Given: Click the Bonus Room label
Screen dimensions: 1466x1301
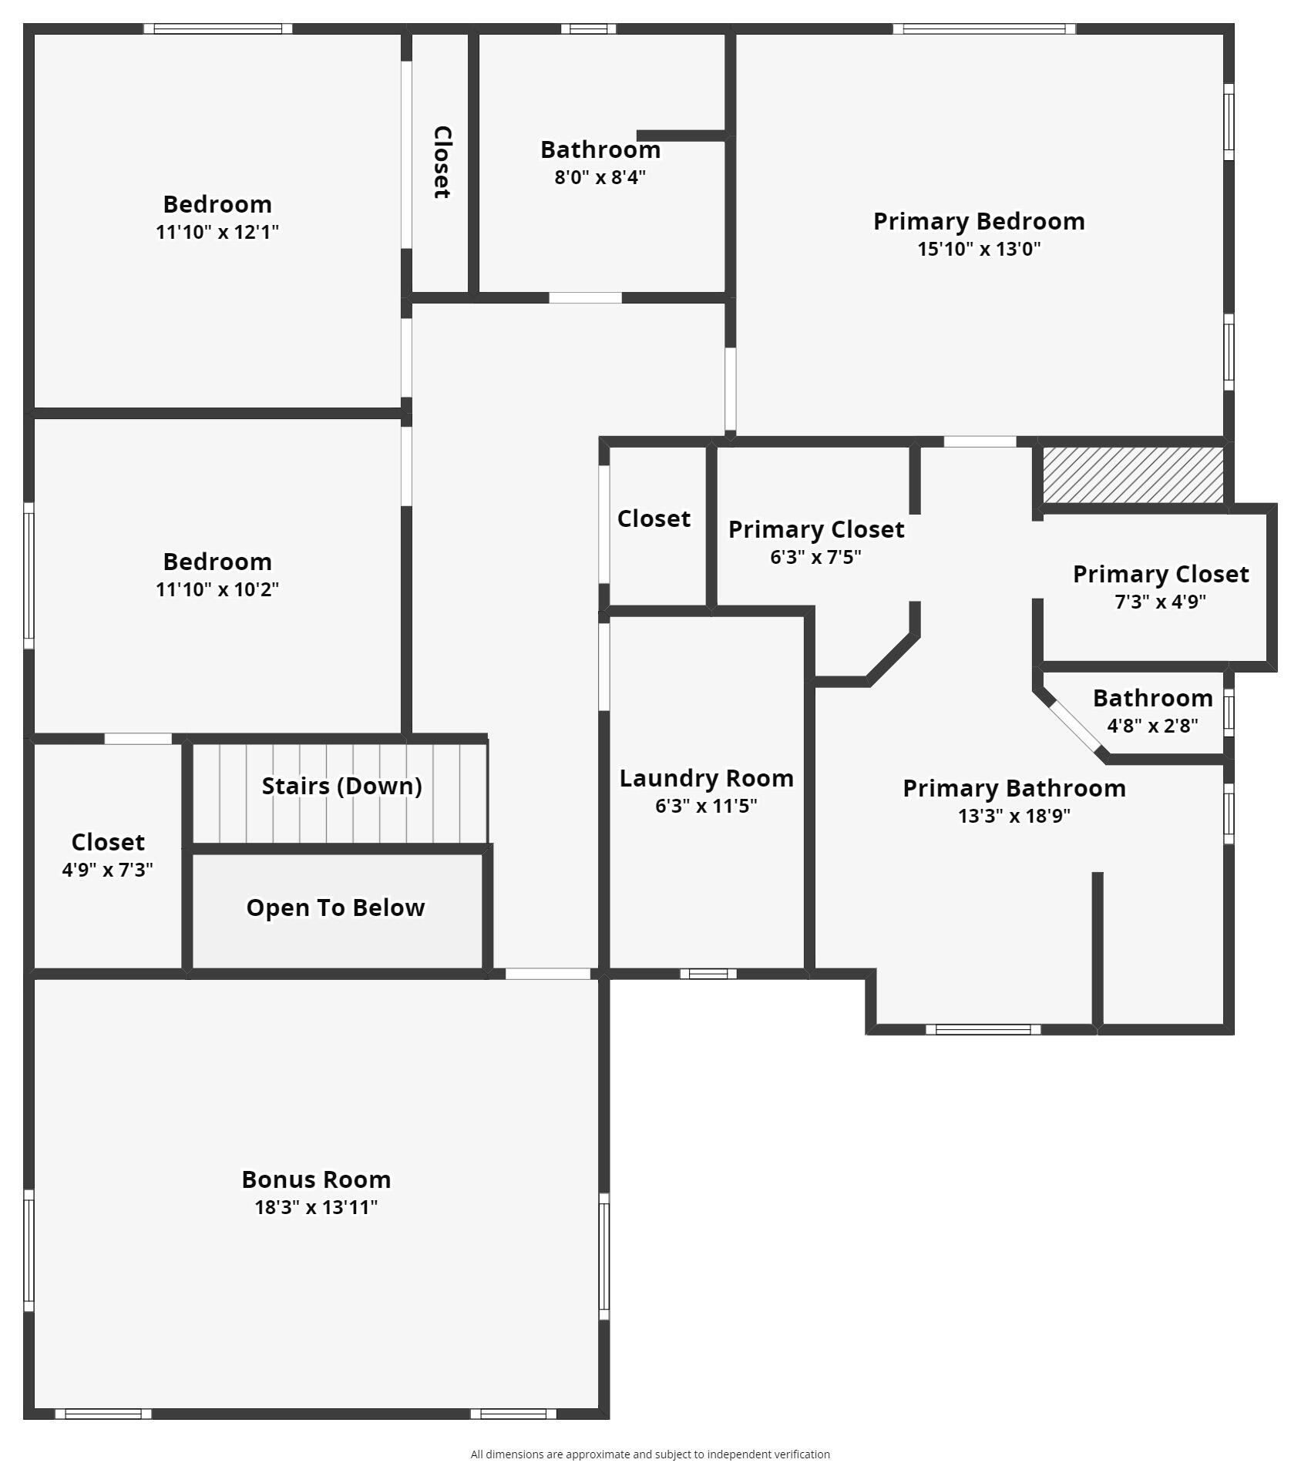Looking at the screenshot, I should click(316, 1179).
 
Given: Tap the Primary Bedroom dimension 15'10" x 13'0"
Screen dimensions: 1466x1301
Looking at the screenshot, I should click(979, 249).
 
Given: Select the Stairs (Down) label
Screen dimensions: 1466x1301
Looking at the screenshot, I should click(341, 786).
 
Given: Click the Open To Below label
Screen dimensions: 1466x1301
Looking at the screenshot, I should click(335, 907).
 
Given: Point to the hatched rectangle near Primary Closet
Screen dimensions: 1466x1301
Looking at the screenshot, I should click(1132, 475).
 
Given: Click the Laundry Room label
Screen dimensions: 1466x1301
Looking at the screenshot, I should click(706, 778).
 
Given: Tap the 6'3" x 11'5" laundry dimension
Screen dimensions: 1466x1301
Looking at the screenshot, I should click(706, 806).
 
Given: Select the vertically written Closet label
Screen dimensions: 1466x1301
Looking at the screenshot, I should click(442, 163).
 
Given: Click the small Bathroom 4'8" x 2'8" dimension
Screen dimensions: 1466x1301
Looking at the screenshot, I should click(1152, 726).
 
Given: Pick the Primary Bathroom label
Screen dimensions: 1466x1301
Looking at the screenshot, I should click(1014, 788).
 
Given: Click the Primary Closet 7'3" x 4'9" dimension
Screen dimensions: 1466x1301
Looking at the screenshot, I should click(1160, 602).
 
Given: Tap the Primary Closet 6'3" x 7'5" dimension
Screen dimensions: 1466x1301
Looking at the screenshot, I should click(815, 557).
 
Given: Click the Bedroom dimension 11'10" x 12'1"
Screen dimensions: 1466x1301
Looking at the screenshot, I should click(217, 232).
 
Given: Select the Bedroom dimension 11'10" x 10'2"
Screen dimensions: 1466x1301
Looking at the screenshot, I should click(217, 589).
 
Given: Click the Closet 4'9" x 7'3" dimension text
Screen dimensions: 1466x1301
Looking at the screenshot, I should click(107, 870).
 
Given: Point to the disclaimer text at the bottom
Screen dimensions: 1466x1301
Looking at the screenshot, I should click(650, 1454).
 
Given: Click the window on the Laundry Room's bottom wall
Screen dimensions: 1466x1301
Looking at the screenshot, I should click(708, 974).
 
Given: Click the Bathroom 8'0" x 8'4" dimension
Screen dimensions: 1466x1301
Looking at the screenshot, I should click(600, 177).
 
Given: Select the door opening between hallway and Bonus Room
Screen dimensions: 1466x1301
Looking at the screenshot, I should click(547, 974).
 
